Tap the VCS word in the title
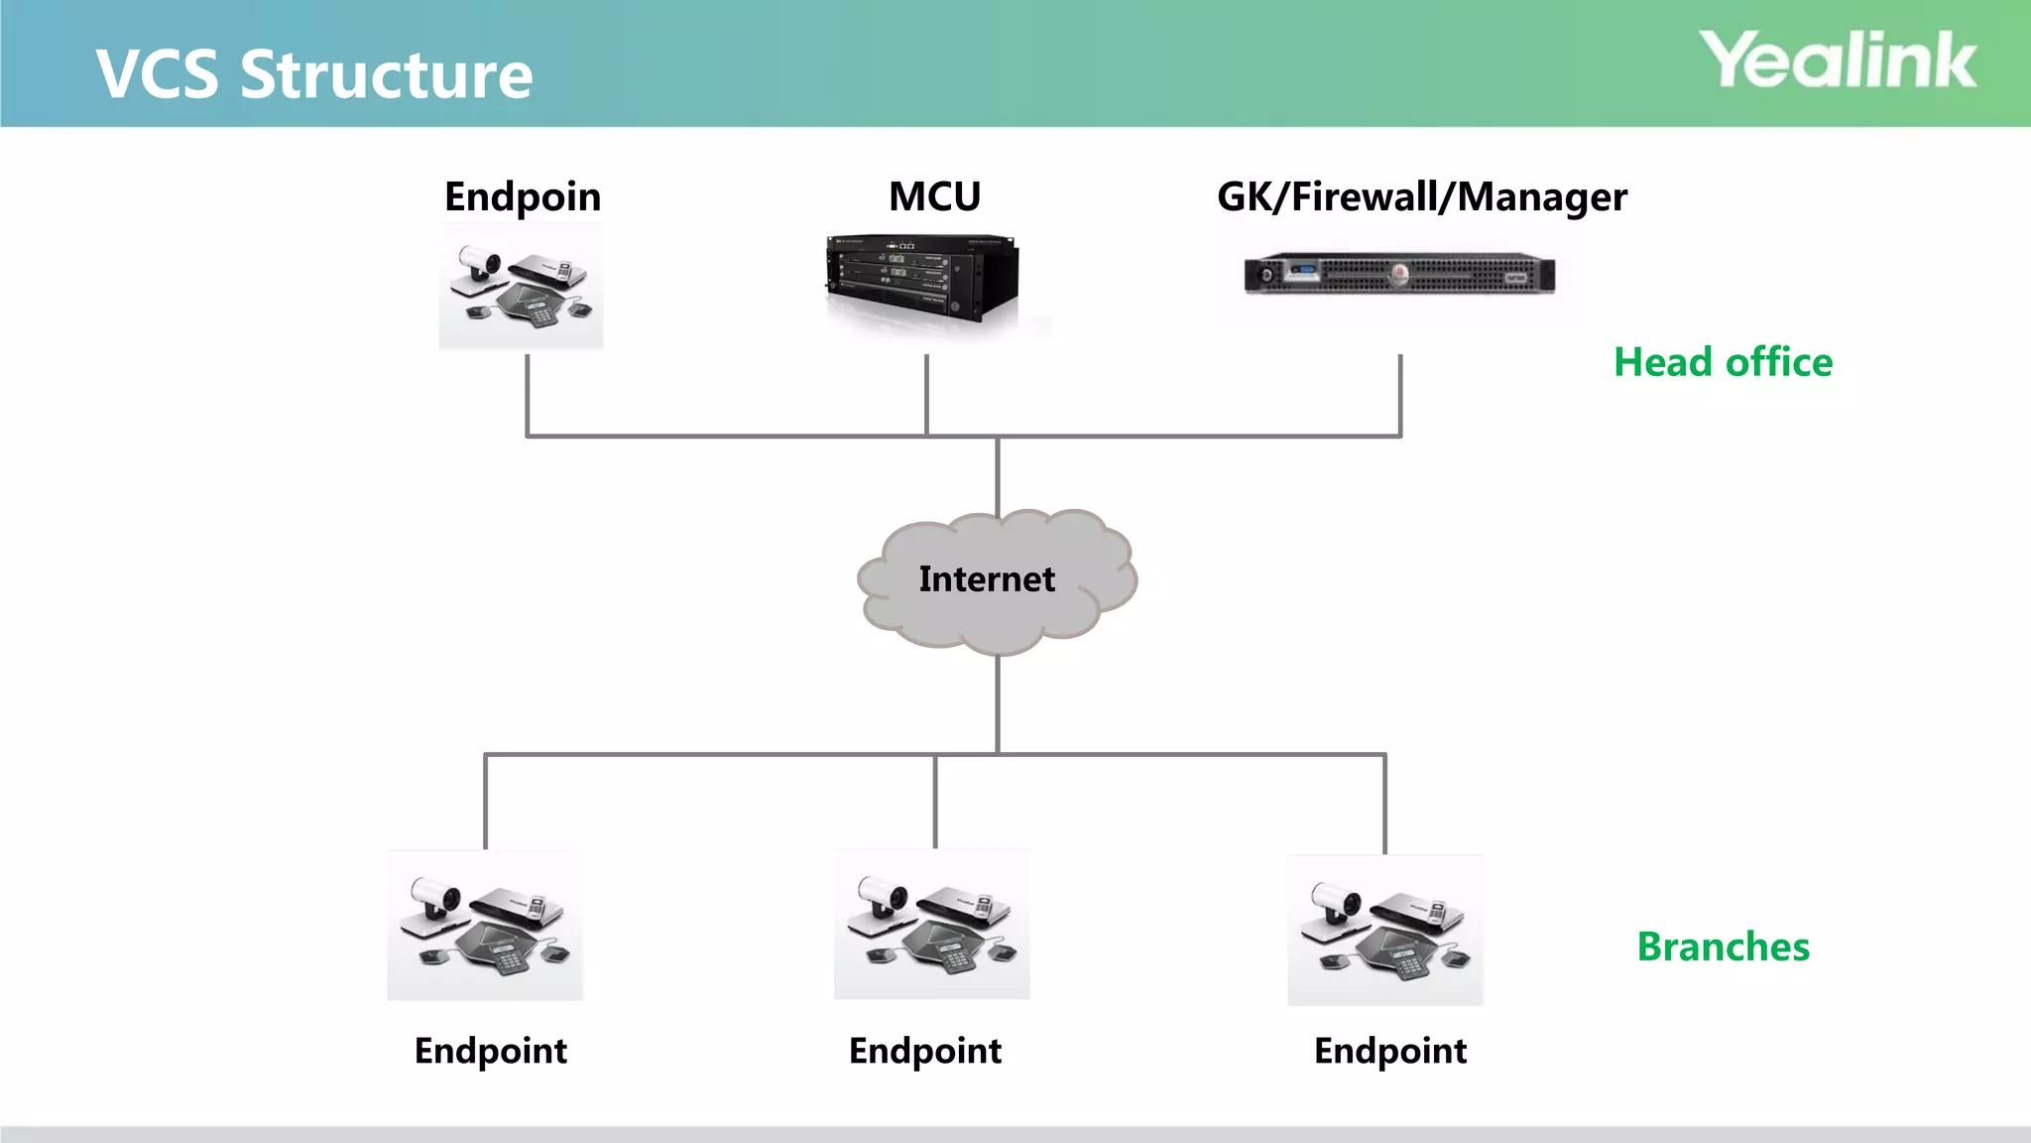pos(157,75)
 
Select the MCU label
pos(934,196)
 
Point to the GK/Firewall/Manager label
pos(1421,197)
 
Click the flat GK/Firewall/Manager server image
pos(1399,274)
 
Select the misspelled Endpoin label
pos(523,197)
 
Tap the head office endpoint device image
pos(521,288)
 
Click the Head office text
pos(1723,362)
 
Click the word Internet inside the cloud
pos(987,578)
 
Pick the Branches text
pos(1723,947)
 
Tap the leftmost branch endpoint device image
pos(485,926)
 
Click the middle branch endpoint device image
pos(931,924)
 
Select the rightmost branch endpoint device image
pos(1384,931)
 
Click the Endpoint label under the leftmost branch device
pos(491,1051)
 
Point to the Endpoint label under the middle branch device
pos(925,1051)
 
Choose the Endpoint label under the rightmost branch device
pos(1390,1051)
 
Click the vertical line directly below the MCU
pos(926,395)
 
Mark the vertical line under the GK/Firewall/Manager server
pos(1400,395)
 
